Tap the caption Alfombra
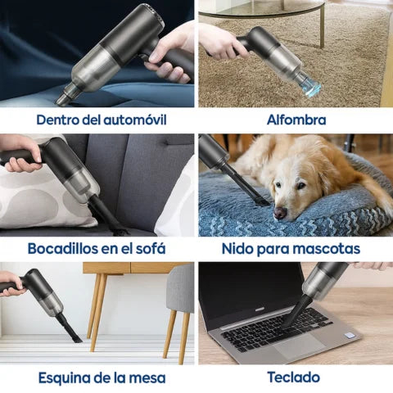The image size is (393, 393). point(296,120)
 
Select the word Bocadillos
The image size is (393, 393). point(62,248)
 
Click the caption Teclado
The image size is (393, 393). point(293,377)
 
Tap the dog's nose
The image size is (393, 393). point(280,213)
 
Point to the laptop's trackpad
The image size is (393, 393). point(299,347)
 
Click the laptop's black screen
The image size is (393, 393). point(250,289)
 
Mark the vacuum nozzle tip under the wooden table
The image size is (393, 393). point(77,339)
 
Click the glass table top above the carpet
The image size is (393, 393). point(262,8)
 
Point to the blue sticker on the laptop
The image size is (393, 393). point(349,335)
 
